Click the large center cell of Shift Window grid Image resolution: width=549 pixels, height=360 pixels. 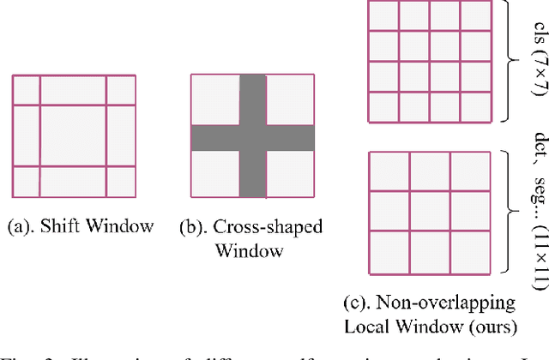pyautogui.click(x=73, y=135)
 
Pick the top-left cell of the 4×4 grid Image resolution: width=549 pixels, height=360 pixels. pyautogui.click(x=383, y=15)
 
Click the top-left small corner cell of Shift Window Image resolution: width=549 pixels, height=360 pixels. pyautogui.click(x=26, y=89)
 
